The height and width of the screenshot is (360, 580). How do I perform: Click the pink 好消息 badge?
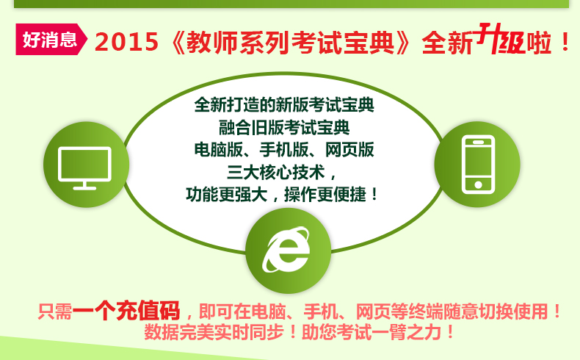(x=51, y=39)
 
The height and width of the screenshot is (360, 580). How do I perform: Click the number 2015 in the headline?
(x=126, y=41)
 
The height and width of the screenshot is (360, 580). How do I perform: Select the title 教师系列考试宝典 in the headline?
(x=290, y=42)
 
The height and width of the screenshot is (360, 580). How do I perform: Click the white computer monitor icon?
(x=84, y=168)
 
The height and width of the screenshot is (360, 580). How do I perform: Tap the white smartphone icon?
(x=478, y=165)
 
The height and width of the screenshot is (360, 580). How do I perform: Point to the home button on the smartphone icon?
(x=478, y=184)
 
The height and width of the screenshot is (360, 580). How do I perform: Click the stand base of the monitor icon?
(x=84, y=188)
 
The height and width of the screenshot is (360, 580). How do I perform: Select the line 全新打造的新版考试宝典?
(x=284, y=105)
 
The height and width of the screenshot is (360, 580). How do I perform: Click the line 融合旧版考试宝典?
(x=284, y=128)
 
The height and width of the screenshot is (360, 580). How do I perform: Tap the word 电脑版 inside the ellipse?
(x=219, y=150)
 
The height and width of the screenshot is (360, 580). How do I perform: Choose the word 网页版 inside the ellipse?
(x=349, y=150)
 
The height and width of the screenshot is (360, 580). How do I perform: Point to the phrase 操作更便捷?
(x=325, y=195)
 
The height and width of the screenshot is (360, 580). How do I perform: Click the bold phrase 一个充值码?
(x=126, y=311)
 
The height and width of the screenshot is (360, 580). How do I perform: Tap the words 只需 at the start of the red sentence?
(x=55, y=312)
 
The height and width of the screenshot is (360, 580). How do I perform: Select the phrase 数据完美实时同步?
(x=214, y=332)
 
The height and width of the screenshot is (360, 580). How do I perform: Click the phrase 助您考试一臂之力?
(x=371, y=332)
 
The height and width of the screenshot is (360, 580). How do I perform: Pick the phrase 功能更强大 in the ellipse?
(x=226, y=195)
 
